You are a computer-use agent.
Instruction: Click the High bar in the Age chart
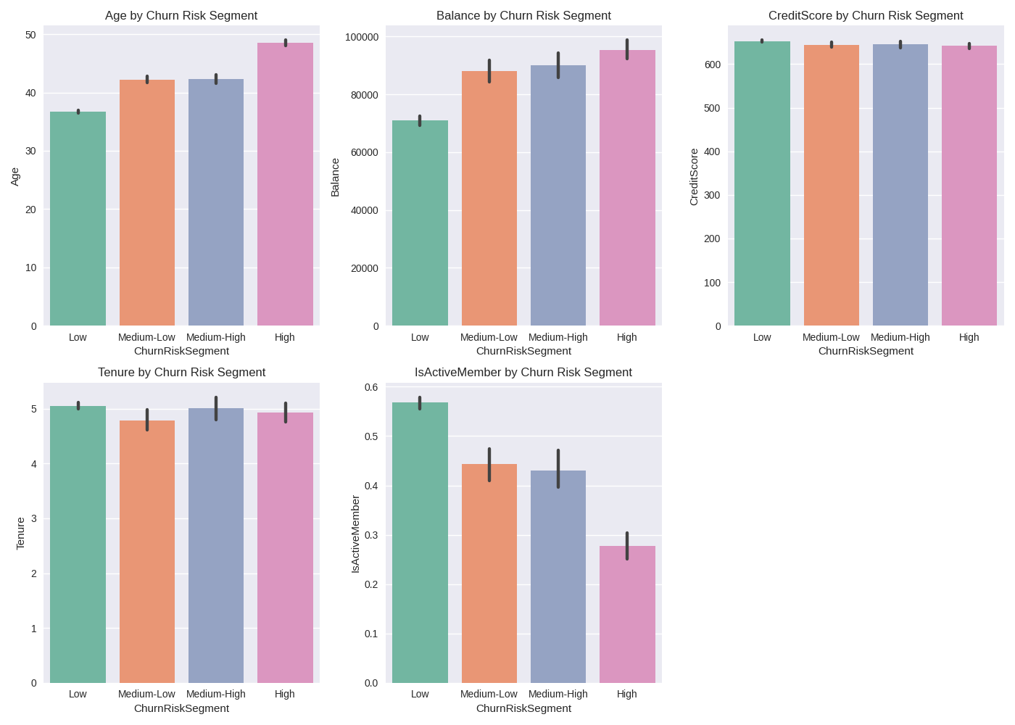pyautogui.click(x=285, y=184)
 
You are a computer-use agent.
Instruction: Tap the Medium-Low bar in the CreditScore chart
pyautogui.click(x=831, y=186)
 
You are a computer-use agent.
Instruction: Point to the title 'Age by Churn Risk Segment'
pyautogui.click(x=181, y=15)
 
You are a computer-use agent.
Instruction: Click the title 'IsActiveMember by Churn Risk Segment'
pyautogui.click(x=523, y=372)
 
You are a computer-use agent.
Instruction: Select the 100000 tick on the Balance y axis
pyautogui.click(x=362, y=37)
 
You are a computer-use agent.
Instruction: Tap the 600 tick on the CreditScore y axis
pyautogui.click(x=712, y=65)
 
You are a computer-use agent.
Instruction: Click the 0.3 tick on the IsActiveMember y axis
pyautogui.click(x=370, y=535)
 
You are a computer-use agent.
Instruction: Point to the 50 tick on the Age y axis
pyautogui.click(x=30, y=35)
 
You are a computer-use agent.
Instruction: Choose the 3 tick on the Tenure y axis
pyautogui.click(x=33, y=519)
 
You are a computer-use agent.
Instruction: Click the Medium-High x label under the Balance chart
pyautogui.click(x=558, y=337)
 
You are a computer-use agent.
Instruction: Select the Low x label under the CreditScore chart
pyautogui.click(x=762, y=337)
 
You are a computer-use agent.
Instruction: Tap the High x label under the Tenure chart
pyautogui.click(x=285, y=694)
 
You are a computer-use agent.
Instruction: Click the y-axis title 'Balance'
pyautogui.click(x=335, y=178)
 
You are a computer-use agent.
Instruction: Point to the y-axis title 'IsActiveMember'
pyautogui.click(x=355, y=534)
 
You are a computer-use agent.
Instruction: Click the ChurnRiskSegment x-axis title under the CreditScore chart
pyautogui.click(x=866, y=351)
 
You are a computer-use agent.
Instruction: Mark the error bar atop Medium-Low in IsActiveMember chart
pyautogui.click(x=489, y=464)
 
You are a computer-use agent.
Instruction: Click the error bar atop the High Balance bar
pyautogui.click(x=627, y=49)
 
